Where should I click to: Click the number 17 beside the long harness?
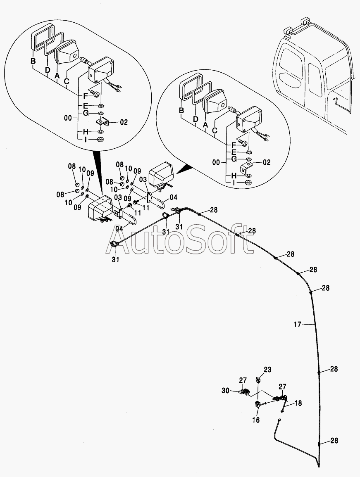click(x=298, y=325)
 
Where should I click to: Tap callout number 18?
click(x=298, y=403)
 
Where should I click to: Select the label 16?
click(x=256, y=420)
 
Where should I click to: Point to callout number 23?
click(x=268, y=370)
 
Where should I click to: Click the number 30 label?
click(x=225, y=390)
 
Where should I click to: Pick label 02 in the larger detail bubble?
click(x=124, y=122)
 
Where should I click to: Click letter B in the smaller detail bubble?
click(x=181, y=111)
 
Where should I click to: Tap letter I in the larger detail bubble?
click(x=86, y=140)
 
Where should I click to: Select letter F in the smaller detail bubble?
click(x=234, y=145)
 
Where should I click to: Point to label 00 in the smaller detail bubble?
click(x=216, y=162)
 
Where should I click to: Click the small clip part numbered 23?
click(x=258, y=380)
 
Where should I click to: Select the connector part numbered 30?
click(x=244, y=392)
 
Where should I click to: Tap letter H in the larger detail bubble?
click(x=86, y=132)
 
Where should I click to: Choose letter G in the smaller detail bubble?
click(x=234, y=159)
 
